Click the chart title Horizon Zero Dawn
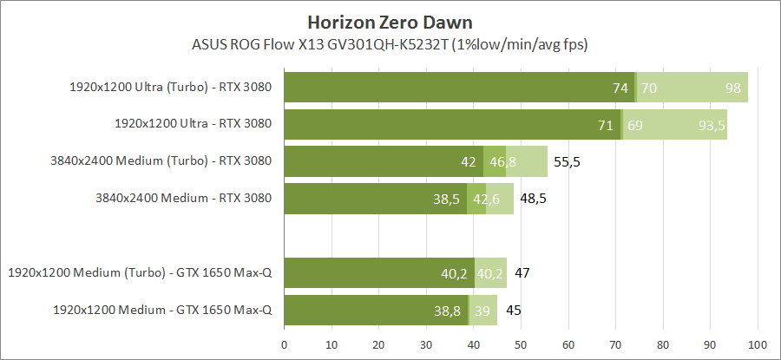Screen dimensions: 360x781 point(390,20)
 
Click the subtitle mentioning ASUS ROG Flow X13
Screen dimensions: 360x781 point(390,43)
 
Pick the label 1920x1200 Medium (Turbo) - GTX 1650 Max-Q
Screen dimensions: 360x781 point(140,272)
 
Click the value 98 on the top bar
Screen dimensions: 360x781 point(733,88)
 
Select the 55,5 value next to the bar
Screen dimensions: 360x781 point(568,161)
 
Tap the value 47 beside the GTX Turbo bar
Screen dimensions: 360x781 point(522,273)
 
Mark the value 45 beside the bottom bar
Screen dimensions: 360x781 point(513,310)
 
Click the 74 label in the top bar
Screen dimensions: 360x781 point(620,88)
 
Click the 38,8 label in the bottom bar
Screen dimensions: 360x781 point(447,310)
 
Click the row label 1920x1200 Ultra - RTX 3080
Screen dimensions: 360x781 point(193,124)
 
